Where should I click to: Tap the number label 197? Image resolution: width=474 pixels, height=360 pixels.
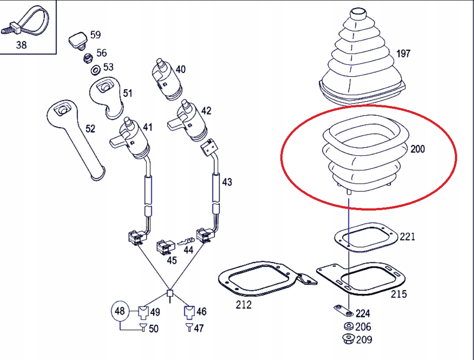click(x=403, y=54)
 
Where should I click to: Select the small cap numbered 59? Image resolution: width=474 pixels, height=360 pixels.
click(x=78, y=39)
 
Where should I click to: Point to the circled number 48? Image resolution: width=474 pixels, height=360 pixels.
click(x=120, y=311)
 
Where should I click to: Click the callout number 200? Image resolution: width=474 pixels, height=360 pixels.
click(x=417, y=149)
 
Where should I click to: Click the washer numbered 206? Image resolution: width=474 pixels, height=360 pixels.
click(x=347, y=327)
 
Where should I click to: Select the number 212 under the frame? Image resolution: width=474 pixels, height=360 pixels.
click(x=243, y=305)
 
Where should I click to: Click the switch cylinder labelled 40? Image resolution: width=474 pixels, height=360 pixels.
click(x=167, y=78)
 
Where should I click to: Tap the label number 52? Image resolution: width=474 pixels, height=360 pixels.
click(x=90, y=129)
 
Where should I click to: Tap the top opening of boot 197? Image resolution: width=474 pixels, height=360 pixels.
click(x=359, y=13)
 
